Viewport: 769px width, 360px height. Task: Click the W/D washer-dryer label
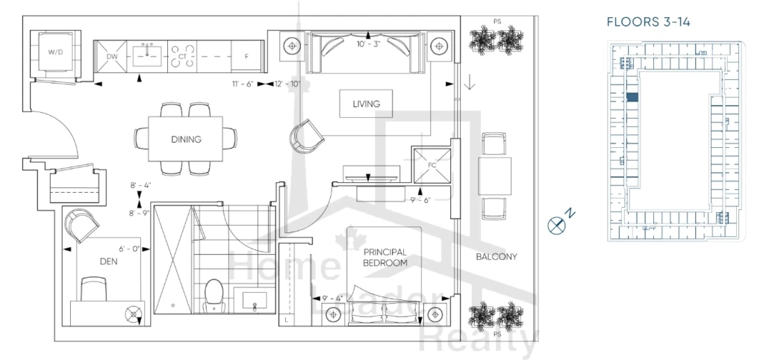click(54, 52)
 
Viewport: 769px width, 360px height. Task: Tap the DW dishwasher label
click(112, 57)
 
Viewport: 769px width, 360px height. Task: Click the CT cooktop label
click(182, 57)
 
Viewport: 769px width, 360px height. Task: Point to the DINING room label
click(187, 139)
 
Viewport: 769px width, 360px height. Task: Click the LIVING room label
click(367, 104)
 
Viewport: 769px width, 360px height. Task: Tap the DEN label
click(108, 261)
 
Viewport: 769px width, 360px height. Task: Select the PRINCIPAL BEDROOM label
click(385, 258)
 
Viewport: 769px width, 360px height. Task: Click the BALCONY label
click(496, 256)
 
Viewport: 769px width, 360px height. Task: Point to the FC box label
click(432, 165)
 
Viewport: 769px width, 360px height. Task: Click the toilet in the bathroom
click(214, 295)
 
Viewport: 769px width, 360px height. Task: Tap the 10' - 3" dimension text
click(369, 43)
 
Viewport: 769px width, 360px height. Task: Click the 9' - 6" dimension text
click(420, 199)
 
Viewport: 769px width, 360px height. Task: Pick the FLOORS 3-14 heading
click(648, 22)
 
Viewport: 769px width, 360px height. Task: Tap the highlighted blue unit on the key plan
click(632, 97)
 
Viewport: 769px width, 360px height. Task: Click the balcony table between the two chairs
click(495, 176)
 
